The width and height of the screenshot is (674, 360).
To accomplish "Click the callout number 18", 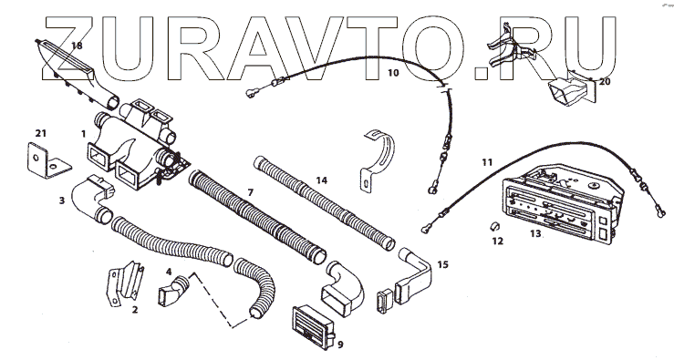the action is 77,46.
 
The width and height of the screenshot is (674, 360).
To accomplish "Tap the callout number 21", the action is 40,134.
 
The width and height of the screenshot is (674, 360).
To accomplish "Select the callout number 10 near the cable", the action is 393,73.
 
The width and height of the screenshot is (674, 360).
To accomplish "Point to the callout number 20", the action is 605,82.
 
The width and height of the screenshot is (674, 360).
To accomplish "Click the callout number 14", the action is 322,180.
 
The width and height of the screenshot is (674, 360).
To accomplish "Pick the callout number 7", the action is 251,193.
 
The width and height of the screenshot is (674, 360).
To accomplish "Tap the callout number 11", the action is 487,162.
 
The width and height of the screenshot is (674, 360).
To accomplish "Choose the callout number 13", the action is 535,233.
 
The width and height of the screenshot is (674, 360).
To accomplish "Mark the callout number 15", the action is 442,264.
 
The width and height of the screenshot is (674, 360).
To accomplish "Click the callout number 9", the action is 340,345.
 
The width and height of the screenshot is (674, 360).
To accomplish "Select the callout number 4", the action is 169,272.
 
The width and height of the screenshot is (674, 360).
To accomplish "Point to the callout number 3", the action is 62,201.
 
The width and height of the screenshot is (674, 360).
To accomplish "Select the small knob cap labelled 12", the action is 494,225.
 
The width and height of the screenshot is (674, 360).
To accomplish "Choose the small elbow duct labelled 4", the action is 173,292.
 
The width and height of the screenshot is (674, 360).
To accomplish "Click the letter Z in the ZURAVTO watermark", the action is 68,48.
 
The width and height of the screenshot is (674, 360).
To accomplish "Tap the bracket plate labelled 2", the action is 126,283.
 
